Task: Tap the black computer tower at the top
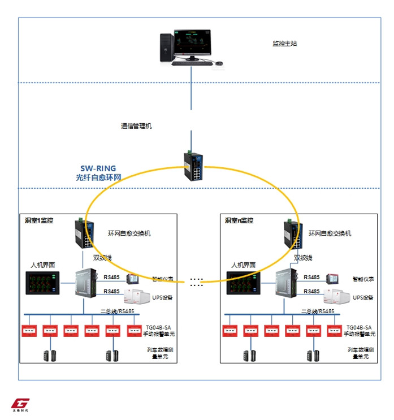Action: (166, 47)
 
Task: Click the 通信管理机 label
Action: (136, 127)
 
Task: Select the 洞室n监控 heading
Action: (240, 220)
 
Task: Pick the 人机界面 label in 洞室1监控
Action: (44, 265)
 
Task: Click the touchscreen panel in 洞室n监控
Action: (244, 284)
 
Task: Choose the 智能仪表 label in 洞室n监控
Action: (363, 279)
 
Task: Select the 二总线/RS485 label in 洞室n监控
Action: (321, 311)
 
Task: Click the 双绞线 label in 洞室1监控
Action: (102, 258)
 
